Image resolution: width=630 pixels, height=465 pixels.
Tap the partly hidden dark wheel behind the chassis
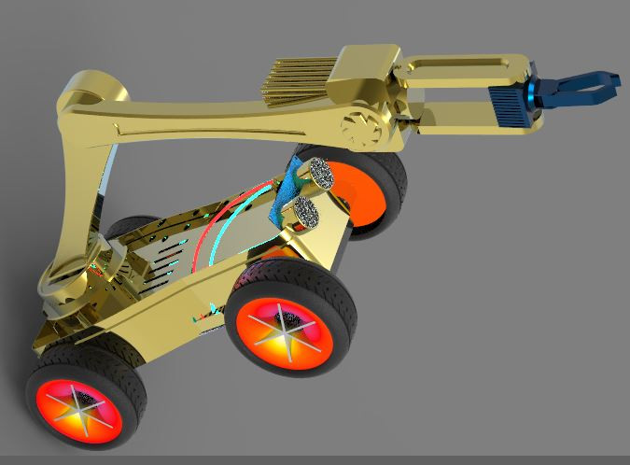(x=131, y=229)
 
